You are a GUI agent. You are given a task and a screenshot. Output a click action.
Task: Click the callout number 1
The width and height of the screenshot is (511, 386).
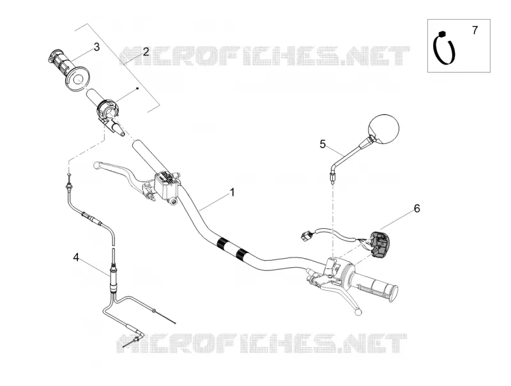point(232,192)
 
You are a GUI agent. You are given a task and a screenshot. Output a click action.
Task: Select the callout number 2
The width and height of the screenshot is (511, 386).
point(146,52)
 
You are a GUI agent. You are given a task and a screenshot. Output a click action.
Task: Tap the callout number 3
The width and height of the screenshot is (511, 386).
point(96,47)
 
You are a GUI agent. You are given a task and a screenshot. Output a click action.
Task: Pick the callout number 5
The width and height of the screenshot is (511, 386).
point(323,144)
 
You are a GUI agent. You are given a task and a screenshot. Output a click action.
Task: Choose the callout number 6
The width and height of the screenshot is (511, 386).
point(417,208)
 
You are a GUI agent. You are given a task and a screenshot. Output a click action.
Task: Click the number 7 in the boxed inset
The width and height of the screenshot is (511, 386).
point(475,30)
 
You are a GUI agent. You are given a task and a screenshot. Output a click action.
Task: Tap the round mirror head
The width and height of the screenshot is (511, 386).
point(384,129)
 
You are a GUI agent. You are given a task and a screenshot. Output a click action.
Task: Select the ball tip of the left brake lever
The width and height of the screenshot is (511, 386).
point(96,166)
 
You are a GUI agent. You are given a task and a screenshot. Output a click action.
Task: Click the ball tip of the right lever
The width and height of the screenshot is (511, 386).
point(358,312)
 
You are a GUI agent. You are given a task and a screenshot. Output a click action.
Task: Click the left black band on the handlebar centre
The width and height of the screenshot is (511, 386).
point(223,243)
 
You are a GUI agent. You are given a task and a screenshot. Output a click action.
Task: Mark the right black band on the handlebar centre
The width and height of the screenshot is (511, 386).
point(241,253)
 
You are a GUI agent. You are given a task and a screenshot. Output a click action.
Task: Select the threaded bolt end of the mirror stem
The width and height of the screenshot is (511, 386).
point(332,179)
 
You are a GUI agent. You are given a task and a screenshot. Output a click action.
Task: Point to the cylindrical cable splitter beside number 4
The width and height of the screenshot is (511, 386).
point(114,275)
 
